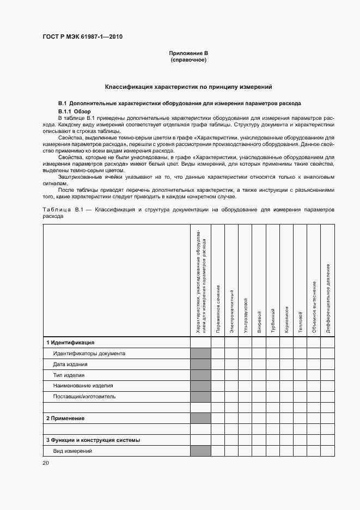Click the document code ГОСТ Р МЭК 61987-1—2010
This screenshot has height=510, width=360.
point(82,37)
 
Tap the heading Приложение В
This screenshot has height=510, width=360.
point(188,53)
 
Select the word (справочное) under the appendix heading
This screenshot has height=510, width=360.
point(188,59)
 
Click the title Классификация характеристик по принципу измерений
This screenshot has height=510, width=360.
point(188,87)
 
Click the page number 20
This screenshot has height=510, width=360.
point(45,463)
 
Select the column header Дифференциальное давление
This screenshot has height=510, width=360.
point(328,298)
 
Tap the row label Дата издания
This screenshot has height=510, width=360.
point(70,364)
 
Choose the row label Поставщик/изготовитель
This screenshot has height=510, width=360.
point(84,396)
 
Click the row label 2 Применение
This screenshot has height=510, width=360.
point(65,418)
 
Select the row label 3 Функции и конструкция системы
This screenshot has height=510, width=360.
point(93,440)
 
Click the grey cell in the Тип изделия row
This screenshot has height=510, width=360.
point(200,375)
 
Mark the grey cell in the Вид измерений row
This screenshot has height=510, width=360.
point(200,451)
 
